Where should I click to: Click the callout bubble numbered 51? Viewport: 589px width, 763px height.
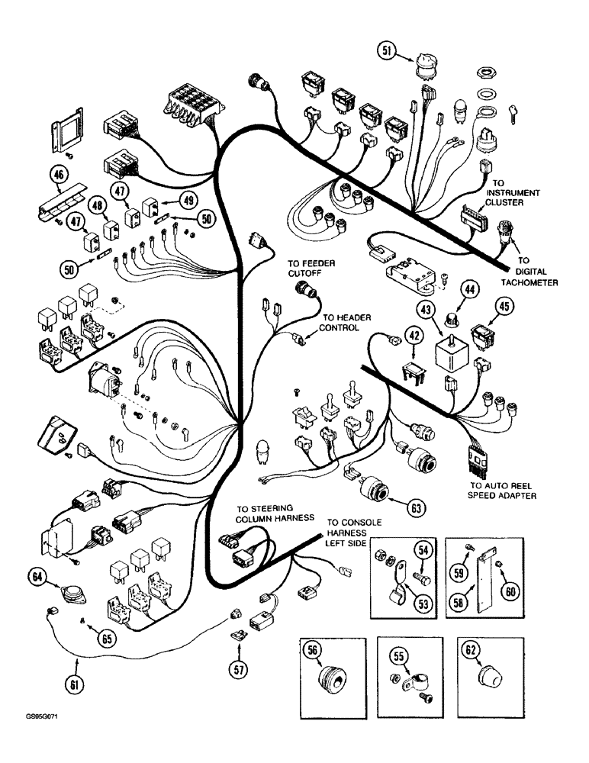click(x=388, y=51)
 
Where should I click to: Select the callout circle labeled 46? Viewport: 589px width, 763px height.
click(x=58, y=177)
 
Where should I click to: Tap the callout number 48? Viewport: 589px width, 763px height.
click(x=97, y=205)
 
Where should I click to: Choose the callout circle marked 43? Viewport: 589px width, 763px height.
click(x=424, y=311)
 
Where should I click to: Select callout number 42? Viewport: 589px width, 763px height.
click(x=414, y=335)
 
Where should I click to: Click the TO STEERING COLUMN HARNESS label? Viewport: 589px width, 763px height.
click(x=264, y=512)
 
